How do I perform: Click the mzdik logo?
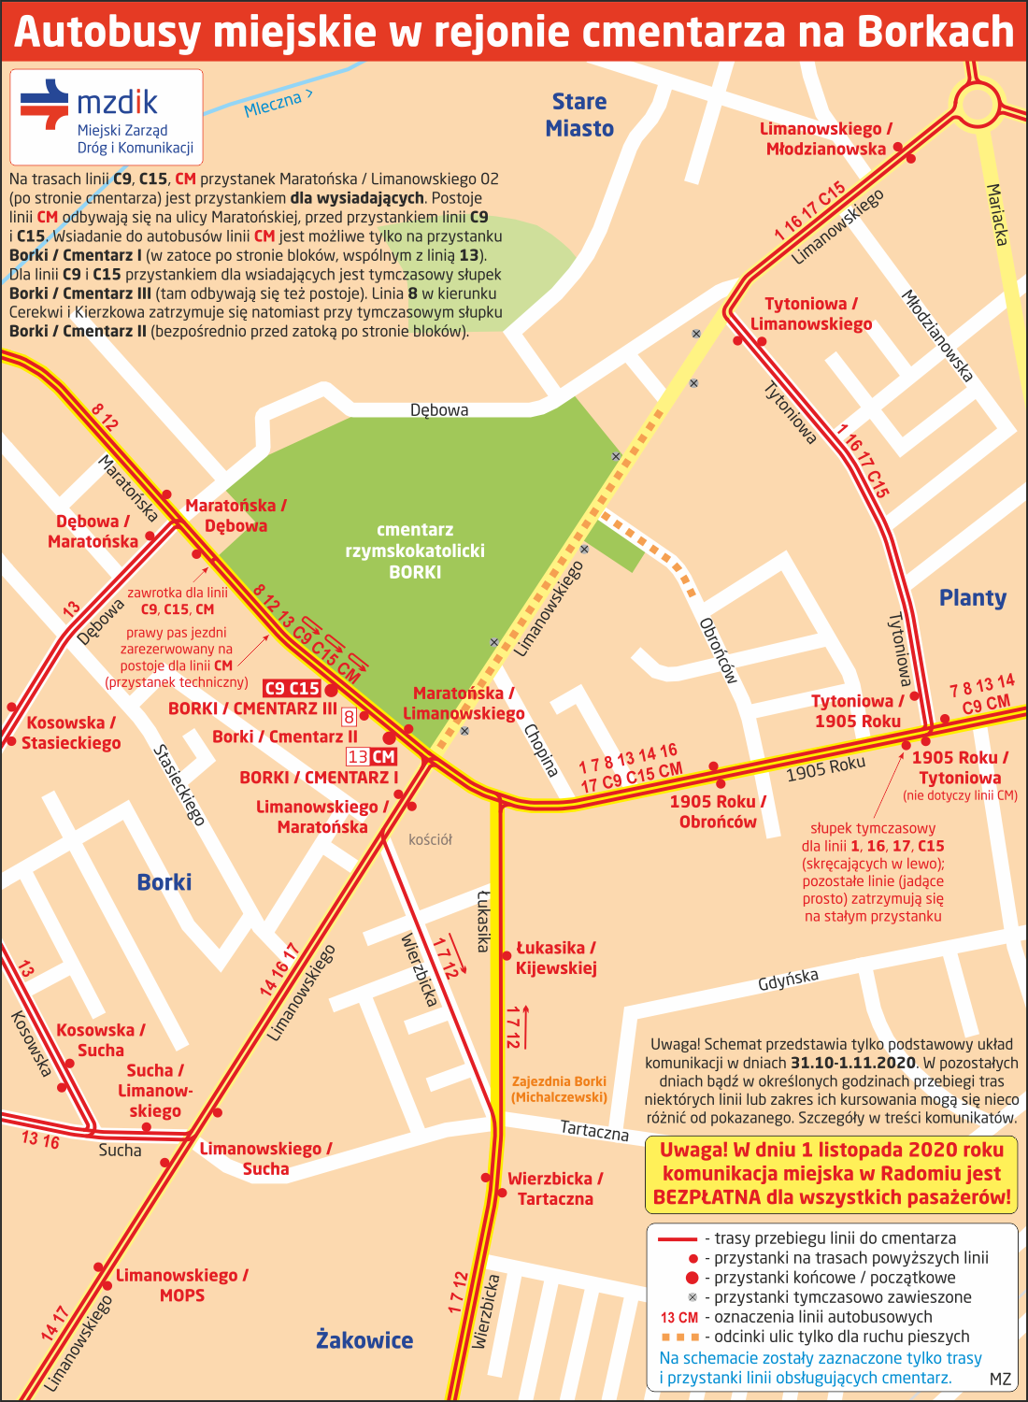point(106,117)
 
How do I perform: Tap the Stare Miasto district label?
point(579,115)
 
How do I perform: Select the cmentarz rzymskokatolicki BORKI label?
point(415,551)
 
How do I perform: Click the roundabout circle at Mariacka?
point(978,104)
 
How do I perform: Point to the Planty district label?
point(972,598)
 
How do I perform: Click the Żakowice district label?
point(364,1340)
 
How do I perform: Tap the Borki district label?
point(164,882)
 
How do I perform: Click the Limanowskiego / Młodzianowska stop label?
point(825,138)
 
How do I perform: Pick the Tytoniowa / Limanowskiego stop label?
point(810,314)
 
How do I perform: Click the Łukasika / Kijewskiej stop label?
point(556,958)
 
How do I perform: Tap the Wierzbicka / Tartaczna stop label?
point(555,1189)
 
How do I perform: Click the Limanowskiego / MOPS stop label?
point(181,1285)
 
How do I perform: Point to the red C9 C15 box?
point(293,689)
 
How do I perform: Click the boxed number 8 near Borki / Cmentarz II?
point(349,717)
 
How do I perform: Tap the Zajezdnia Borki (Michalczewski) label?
point(559,1089)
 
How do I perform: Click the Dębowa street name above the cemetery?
point(439,409)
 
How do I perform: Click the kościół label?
point(430,839)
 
